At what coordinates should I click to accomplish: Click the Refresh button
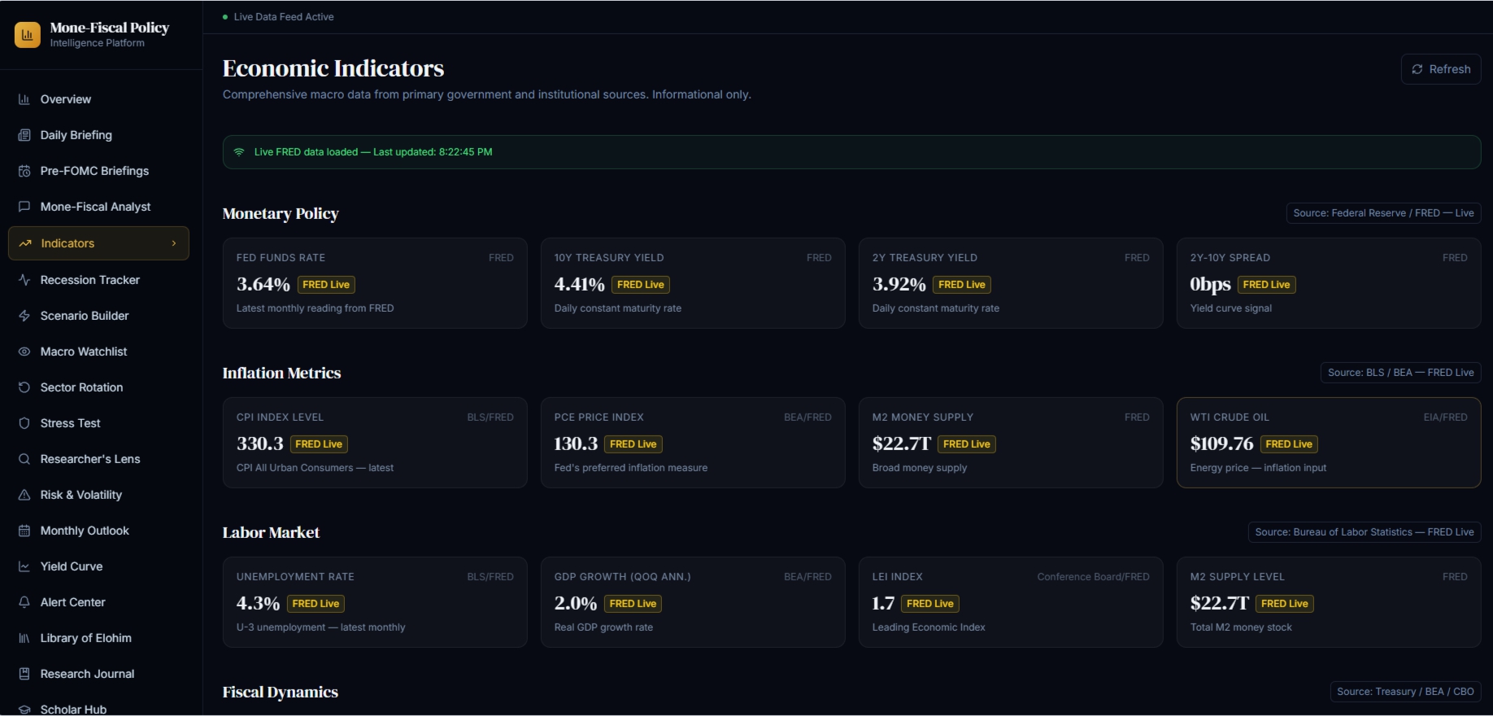click(x=1441, y=69)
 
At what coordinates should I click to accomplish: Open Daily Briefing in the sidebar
click(x=76, y=135)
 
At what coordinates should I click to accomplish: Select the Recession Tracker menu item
click(x=90, y=280)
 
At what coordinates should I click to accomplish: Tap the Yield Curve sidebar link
click(x=72, y=566)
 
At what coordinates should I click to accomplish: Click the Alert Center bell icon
click(x=24, y=602)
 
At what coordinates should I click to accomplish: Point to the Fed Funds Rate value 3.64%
click(x=263, y=284)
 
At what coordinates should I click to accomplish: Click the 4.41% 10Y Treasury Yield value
click(x=579, y=284)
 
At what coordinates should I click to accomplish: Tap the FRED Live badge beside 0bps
click(x=1266, y=285)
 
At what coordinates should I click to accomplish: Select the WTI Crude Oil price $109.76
click(x=1221, y=444)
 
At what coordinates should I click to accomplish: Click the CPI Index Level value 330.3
click(x=260, y=444)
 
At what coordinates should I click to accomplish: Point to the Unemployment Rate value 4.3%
click(x=258, y=603)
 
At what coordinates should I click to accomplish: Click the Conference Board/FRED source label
click(x=1093, y=577)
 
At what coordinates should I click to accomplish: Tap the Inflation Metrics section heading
click(x=281, y=373)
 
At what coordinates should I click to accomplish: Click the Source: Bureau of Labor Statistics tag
click(x=1365, y=532)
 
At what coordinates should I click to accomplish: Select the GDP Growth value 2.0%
click(x=576, y=603)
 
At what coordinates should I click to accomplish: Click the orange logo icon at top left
click(x=28, y=34)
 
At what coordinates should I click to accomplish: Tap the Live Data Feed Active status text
click(x=284, y=17)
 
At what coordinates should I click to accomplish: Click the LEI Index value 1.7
click(x=883, y=603)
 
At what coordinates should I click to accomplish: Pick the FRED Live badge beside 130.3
click(x=633, y=444)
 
